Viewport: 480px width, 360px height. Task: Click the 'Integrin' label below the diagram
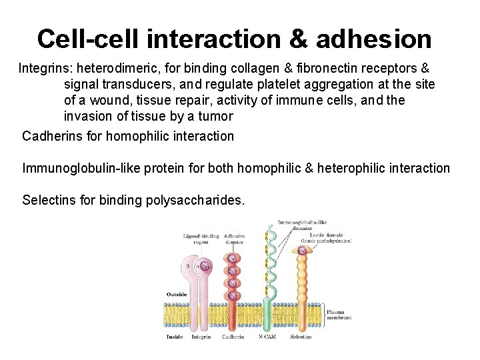[201, 337]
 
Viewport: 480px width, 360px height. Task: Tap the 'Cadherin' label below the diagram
[232, 337]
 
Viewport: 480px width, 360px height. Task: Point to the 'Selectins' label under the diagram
[301, 337]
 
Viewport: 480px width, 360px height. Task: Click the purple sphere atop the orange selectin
[302, 251]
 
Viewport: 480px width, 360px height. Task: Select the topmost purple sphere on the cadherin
[233, 259]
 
